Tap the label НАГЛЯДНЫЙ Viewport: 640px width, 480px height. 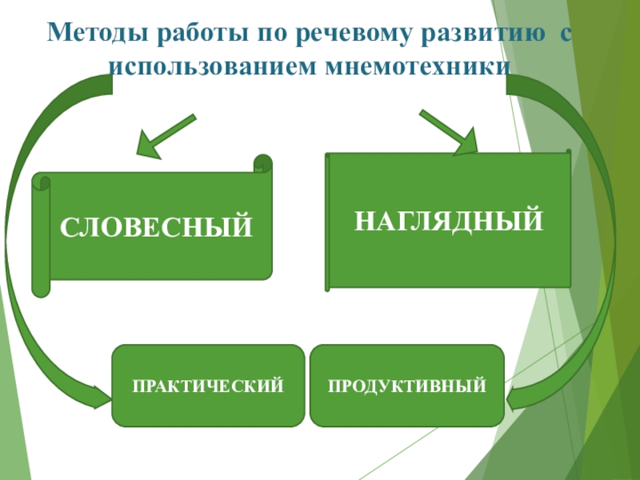tap(449, 218)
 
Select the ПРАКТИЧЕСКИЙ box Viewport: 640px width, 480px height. tap(208, 386)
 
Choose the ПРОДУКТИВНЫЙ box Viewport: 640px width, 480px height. tap(406, 386)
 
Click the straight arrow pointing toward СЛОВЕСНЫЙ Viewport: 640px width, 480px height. tap(164, 135)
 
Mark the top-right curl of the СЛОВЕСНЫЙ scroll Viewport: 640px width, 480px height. tap(262, 164)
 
